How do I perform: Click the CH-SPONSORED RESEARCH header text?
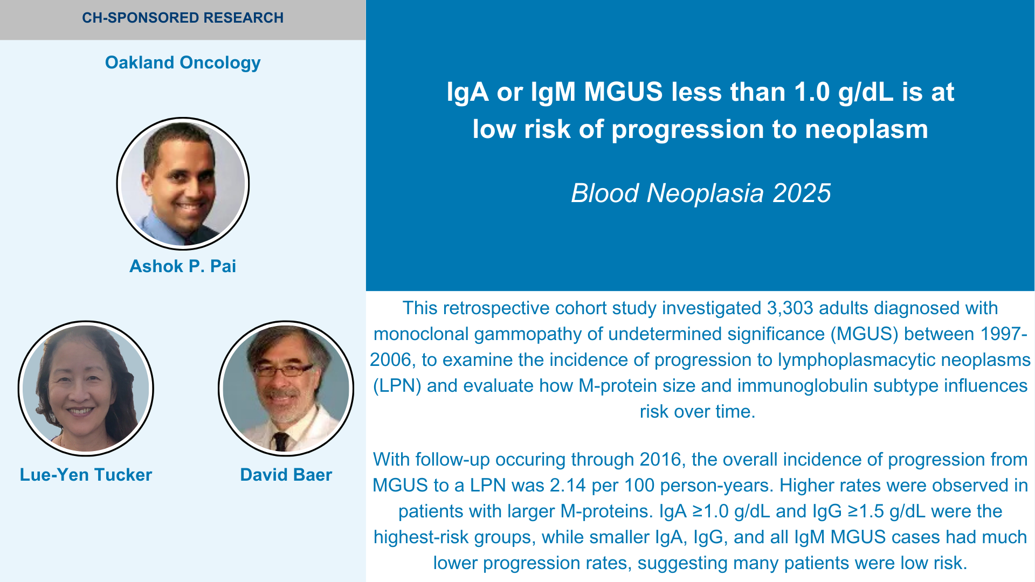183,18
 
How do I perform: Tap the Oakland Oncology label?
183,63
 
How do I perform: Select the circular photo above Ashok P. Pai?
183,184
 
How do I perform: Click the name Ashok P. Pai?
183,266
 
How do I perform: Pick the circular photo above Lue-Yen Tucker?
86,388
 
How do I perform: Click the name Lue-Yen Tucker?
86,475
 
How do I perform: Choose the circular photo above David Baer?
286,388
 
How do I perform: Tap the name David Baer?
286,475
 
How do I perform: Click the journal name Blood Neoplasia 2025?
701,193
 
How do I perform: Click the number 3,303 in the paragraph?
790,308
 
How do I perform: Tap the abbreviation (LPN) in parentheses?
397,386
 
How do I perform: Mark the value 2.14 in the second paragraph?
568,486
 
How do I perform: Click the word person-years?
709,486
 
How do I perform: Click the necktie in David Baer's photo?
281,441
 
